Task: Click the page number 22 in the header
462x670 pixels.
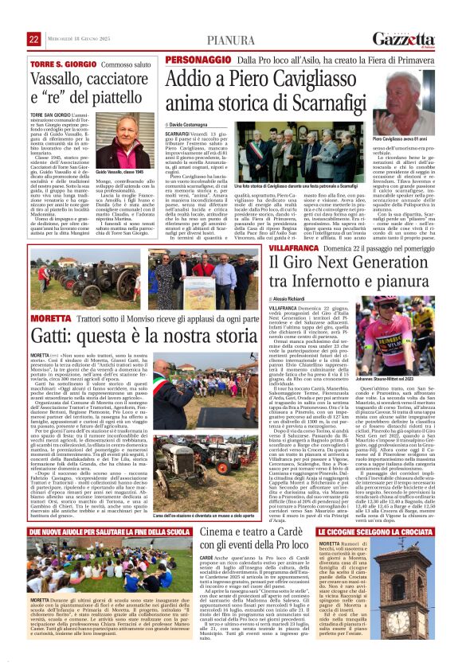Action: point(33,39)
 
